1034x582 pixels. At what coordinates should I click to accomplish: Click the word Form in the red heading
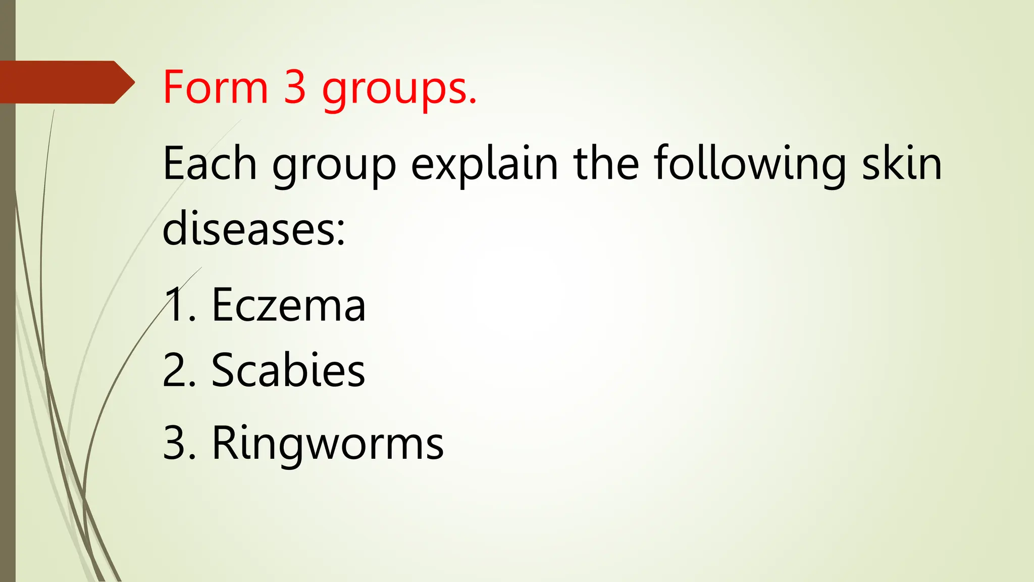215,87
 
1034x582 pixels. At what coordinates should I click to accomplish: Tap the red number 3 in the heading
295,87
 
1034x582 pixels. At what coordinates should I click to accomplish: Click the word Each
210,163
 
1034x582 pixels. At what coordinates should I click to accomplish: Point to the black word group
334,167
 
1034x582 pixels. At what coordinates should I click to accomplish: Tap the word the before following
606,163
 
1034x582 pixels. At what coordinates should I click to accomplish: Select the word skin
902,163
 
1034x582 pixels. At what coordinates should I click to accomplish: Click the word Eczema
288,305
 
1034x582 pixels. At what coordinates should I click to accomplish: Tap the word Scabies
288,370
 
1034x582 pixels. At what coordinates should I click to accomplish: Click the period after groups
472,102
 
